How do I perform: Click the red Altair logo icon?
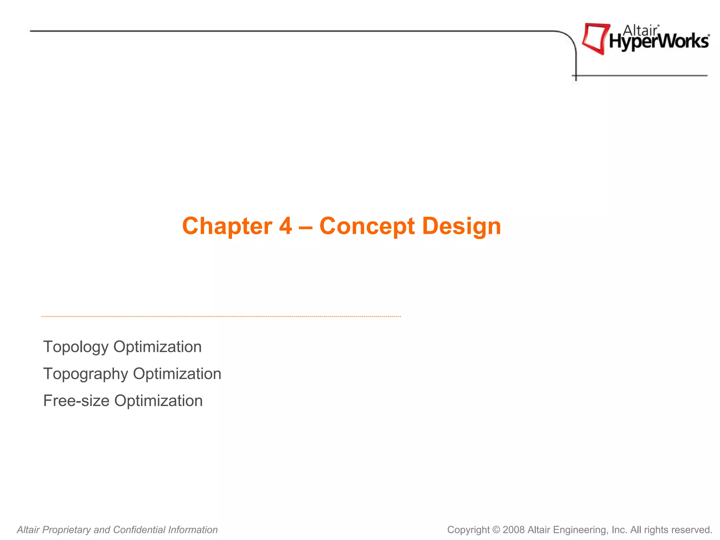pos(595,38)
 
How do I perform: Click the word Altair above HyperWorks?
pos(640,31)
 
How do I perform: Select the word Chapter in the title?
pos(227,226)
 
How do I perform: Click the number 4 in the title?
pos(286,226)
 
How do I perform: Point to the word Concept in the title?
pos(367,226)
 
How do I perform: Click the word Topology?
pos(76,347)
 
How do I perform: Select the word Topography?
pos(85,374)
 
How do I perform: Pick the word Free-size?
pos(76,401)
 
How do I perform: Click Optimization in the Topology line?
pos(157,347)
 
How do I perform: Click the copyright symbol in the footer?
pos(496,530)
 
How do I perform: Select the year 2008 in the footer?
pos(514,530)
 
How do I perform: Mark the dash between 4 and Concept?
pos(306,226)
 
